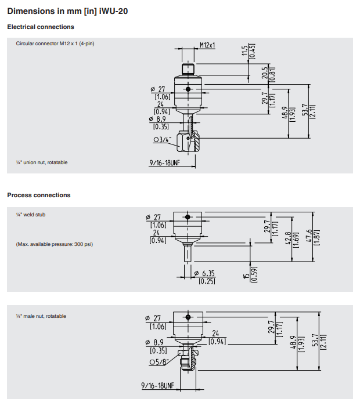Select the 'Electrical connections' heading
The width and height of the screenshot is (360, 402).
41,27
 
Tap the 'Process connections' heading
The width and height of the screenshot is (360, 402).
39,195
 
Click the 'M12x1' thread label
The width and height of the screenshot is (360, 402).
207,45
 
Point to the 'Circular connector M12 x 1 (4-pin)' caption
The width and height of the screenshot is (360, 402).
55,44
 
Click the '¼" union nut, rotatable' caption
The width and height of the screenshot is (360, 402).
41,162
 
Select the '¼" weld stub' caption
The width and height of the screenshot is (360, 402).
30,215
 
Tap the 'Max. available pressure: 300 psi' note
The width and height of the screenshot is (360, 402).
54,244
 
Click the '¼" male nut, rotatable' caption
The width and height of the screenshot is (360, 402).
41,316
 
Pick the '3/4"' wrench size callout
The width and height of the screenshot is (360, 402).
162,139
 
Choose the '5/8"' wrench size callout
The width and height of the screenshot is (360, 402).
159,363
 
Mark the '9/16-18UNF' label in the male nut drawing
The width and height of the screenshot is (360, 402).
157,386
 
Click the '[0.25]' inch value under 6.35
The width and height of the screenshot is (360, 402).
207,281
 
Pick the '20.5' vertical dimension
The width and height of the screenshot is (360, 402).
264,73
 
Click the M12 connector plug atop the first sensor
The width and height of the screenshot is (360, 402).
188,69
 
